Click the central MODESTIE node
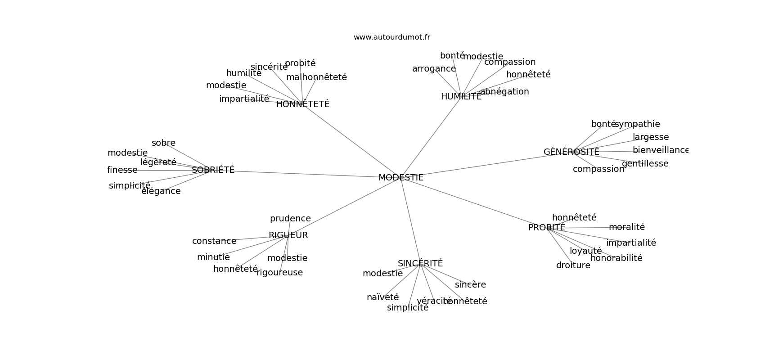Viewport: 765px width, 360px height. click(400, 178)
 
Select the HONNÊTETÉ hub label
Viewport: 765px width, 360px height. click(303, 104)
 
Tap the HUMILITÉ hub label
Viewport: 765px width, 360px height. click(461, 97)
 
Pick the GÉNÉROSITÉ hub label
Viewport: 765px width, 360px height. click(571, 152)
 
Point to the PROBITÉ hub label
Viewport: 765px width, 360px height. click(546, 228)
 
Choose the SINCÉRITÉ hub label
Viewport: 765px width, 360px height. click(420, 264)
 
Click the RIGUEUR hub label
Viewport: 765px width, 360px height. click(288, 235)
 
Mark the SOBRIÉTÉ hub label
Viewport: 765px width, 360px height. click(213, 170)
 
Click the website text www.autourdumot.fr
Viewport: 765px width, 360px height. click(391, 37)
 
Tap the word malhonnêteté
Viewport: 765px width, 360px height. click(316, 77)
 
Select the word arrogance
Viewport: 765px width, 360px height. click(434, 69)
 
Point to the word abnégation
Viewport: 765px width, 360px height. click(504, 92)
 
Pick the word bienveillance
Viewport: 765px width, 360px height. click(660, 150)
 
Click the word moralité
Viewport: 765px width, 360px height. click(626, 227)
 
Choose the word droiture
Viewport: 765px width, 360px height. click(573, 265)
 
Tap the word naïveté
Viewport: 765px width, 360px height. click(382, 297)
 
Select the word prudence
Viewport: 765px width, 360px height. click(290, 219)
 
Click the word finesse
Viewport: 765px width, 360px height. click(122, 170)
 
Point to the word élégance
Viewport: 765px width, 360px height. click(161, 191)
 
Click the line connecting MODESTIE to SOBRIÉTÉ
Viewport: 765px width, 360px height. click(306, 174)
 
